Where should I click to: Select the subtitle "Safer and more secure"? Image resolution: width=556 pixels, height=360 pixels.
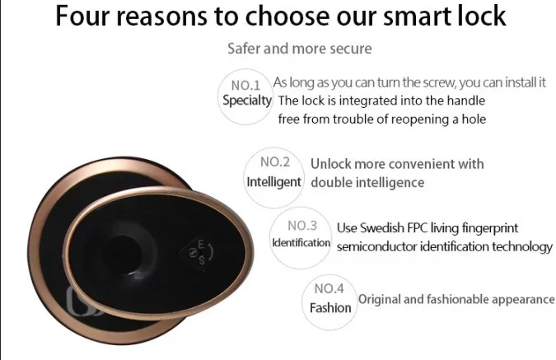pyautogui.click(x=300, y=49)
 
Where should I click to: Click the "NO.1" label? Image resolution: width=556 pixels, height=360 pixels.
pyautogui.click(x=245, y=86)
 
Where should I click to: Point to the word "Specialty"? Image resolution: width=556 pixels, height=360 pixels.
pyautogui.click(x=247, y=101)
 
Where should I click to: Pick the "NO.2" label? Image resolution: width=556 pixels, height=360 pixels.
pyautogui.click(x=275, y=162)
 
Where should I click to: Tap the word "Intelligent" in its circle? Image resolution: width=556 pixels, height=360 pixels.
pyautogui.click(x=273, y=182)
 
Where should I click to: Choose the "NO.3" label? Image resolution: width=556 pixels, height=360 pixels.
pyautogui.click(x=302, y=226)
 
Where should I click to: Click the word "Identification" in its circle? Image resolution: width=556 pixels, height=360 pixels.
pyautogui.click(x=301, y=242)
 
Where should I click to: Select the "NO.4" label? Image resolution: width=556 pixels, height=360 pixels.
pyautogui.click(x=329, y=288)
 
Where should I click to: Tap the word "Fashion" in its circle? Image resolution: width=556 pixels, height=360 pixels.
pyautogui.click(x=330, y=308)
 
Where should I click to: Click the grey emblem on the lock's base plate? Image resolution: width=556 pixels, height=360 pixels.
pyautogui.click(x=81, y=302)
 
